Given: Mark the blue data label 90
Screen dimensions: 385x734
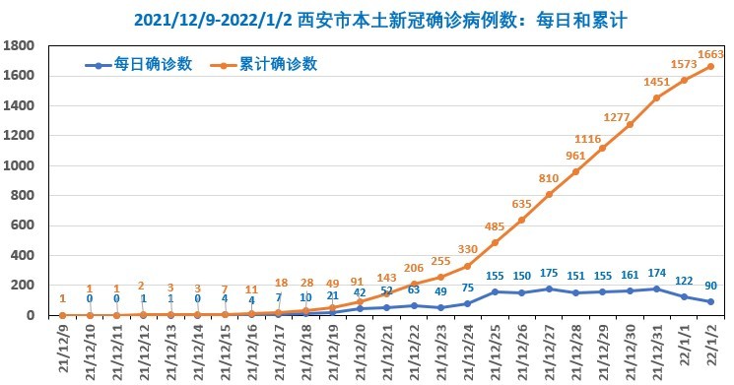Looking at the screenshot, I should [710, 287].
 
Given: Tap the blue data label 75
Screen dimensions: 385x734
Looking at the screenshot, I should [468, 289].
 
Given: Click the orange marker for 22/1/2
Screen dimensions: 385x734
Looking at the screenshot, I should [710, 67].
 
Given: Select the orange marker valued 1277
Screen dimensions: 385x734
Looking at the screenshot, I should [630, 124].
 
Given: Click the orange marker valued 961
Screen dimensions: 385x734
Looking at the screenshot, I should [575, 171].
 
